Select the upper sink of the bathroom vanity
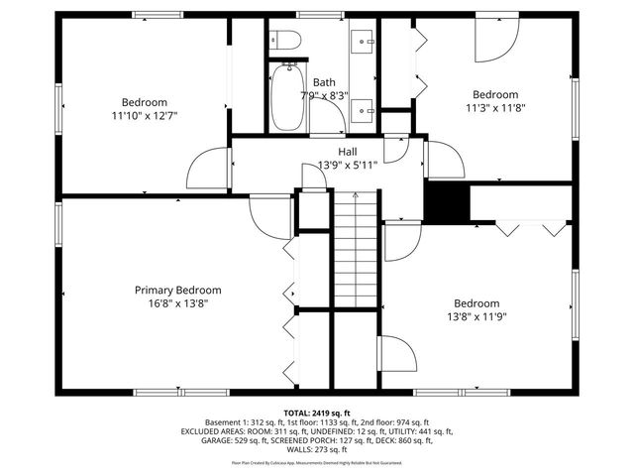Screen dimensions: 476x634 click(364, 41)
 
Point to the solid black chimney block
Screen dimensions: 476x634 click(446, 203)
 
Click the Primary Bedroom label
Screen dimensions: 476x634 click(178, 290)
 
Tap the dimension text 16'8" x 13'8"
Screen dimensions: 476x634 click(178, 303)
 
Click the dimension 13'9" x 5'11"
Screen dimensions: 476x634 click(347, 165)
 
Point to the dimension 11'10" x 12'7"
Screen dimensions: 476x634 click(144, 116)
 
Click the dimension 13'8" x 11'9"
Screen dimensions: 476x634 click(476, 316)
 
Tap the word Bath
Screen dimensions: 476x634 click(324, 82)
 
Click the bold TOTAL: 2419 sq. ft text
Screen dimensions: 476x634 click(317, 412)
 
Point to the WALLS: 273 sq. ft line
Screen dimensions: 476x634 click(317, 451)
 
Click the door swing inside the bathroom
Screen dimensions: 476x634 click(331, 118)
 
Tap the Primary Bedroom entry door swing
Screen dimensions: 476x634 click(270, 213)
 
